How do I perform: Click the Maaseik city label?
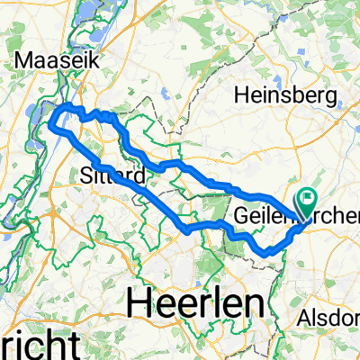click(x=55, y=62)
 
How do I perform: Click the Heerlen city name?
click(x=193, y=302)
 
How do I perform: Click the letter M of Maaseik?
click(x=23, y=62)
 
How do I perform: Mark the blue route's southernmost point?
click(x=267, y=253)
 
